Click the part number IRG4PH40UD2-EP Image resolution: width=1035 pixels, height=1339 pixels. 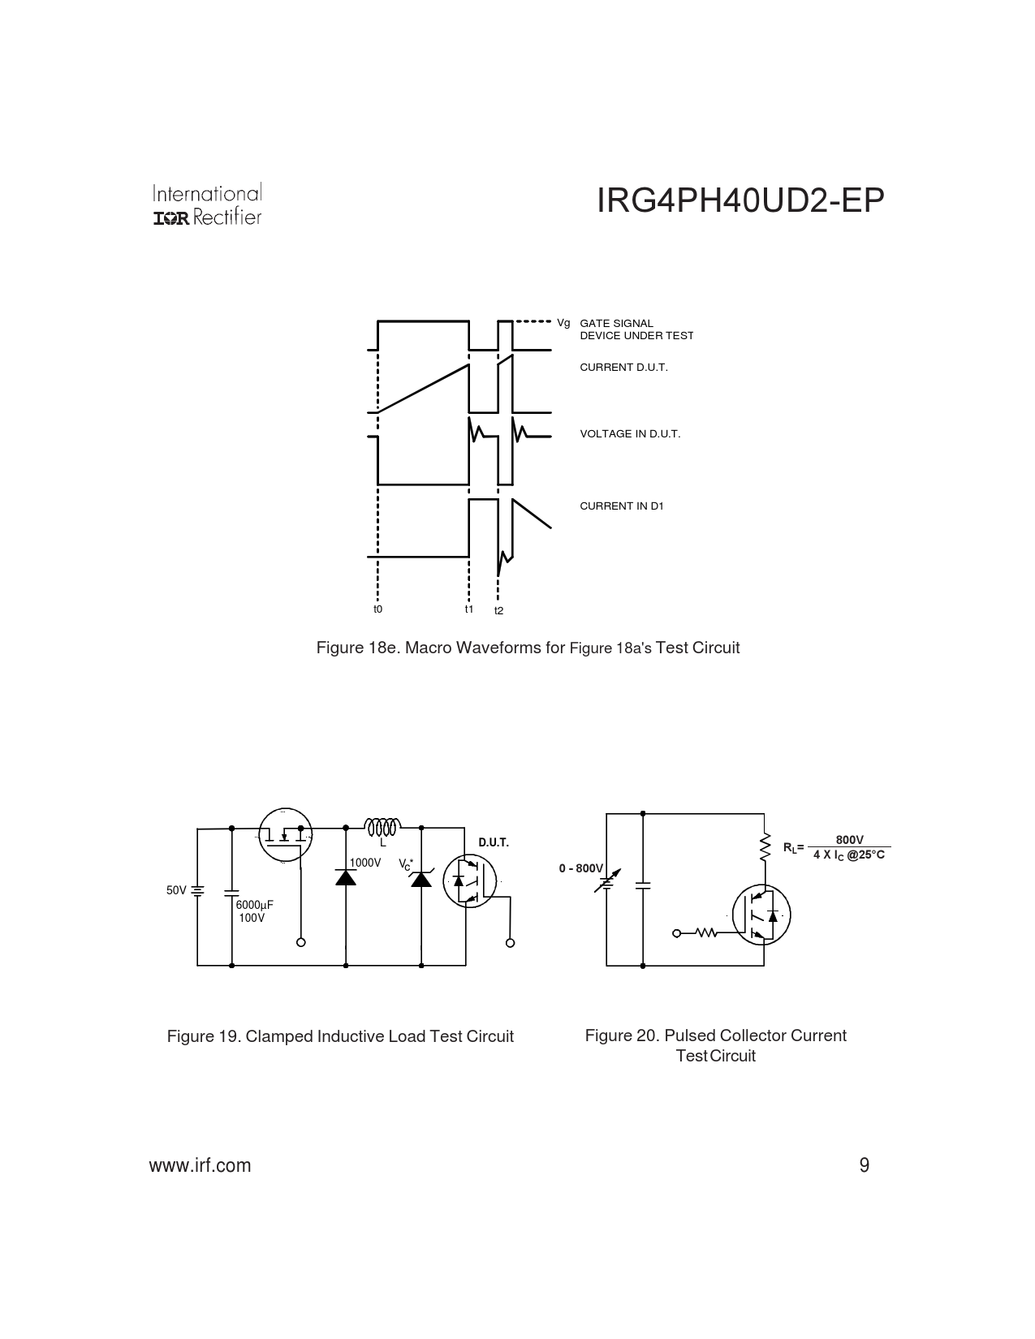coord(740,200)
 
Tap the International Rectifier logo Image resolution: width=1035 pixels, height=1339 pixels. coord(207,205)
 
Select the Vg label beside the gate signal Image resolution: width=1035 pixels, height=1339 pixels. coord(563,323)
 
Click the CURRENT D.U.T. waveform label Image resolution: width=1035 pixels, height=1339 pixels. coord(623,368)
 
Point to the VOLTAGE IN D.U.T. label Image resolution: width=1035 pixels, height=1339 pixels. coord(630,434)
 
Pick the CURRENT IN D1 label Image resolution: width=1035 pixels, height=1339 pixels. coord(621,506)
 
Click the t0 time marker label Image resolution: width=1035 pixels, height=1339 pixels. coord(378,609)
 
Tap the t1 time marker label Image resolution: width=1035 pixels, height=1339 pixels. coord(469,609)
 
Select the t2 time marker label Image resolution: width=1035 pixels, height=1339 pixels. coord(498,610)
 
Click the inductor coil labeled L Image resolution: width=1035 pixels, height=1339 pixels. coord(383,827)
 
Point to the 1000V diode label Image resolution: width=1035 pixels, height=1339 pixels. coord(365,863)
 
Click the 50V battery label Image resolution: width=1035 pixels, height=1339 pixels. coord(176,890)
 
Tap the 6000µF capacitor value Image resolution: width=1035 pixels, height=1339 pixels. coord(254,905)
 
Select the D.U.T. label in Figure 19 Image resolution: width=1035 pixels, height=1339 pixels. coord(494,842)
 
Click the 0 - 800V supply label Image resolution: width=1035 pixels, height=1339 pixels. coord(580,868)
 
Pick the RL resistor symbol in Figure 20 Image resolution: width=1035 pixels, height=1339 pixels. coord(765,846)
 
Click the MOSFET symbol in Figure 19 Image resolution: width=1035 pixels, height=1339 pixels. coord(285,834)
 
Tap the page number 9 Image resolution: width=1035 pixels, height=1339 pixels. coord(865,1165)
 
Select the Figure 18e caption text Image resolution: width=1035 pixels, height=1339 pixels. coord(528,648)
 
